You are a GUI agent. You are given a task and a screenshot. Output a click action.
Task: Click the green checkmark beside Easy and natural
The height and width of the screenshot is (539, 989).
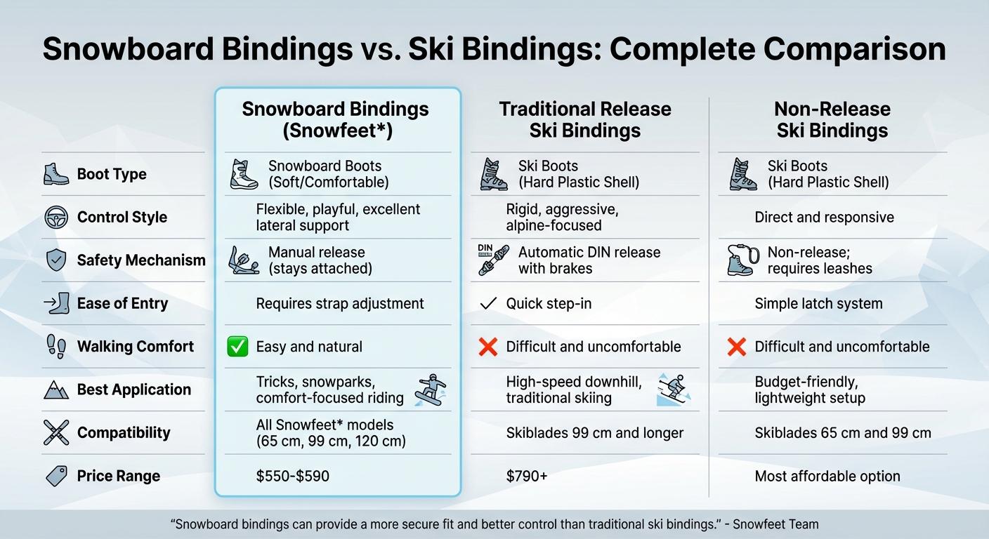point(238,347)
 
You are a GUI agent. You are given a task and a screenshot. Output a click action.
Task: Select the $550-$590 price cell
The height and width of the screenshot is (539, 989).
point(292,477)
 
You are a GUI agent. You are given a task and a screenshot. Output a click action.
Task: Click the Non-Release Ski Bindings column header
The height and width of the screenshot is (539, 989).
point(832,120)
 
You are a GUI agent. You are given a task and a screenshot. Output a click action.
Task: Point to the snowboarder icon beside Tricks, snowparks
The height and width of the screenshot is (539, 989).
point(431,390)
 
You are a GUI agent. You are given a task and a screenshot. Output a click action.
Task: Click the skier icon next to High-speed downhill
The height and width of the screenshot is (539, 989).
point(673,390)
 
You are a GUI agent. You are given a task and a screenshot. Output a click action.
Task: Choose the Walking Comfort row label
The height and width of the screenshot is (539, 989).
point(135,347)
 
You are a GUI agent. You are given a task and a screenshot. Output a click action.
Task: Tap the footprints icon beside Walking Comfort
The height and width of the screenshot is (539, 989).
point(56,347)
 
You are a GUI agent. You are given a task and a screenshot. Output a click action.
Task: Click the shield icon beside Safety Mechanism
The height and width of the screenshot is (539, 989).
point(56,260)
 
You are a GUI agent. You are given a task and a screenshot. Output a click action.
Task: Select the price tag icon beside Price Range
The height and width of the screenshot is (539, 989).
point(56,477)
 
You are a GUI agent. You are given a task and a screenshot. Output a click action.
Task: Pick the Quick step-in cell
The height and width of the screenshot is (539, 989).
point(549,304)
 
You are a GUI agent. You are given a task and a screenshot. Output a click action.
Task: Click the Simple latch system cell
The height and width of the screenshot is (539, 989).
point(818,304)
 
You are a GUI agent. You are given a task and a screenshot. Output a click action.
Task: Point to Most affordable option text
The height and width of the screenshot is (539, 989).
point(827,477)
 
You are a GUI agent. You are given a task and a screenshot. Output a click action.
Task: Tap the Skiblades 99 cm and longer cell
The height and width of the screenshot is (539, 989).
point(594,433)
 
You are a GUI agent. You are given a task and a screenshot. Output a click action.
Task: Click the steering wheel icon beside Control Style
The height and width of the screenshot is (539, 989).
point(56,218)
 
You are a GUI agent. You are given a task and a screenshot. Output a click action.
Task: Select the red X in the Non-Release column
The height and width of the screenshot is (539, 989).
point(736,347)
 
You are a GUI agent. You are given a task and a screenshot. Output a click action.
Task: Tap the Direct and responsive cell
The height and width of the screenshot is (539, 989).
point(824,218)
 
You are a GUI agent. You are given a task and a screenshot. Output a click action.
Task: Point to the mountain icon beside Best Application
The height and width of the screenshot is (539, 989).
point(56,390)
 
